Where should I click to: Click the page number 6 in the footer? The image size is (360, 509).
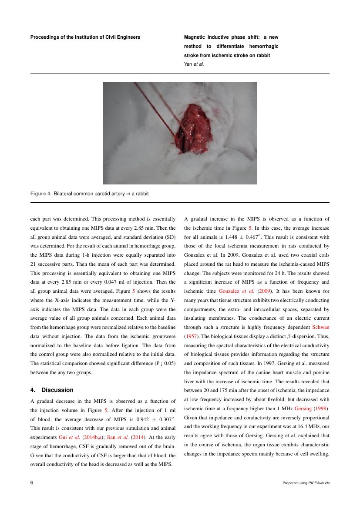[32, 482]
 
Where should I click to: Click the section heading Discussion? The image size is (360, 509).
[57, 390]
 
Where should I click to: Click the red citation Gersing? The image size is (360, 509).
[303, 409]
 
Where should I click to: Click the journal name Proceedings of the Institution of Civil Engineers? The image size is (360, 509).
[85, 37]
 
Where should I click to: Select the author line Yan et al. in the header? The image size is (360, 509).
[194, 64]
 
